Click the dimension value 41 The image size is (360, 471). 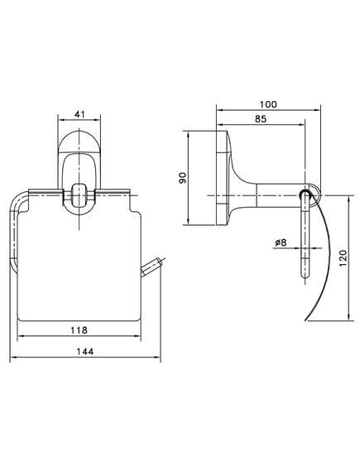pyautogui.click(x=79, y=114)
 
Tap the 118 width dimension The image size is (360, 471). pyautogui.click(x=79, y=330)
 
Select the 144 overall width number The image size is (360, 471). pyautogui.click(x=84, y=351)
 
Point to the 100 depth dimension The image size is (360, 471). pyautogui.click(x=268, y=104)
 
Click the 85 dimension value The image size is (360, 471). pyautogui.click(x=261, y=119)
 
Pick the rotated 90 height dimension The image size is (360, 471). pyautogui.click(x=183, y=178)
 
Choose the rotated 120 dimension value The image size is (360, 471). pyautogui.click(x=343, y=257)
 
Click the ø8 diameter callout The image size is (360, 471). pyautogui.click(x=281, y=243)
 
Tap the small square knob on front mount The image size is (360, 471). pyautogui.click(x=79, y=195)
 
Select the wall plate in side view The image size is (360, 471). pyautogui.click(x=223, y=178)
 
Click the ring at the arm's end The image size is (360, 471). pyautogui.click(x=311, y=196)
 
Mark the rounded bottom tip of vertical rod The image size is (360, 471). pyautogui.click(x=305, y=277)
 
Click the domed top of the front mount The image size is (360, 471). pyautogui.click(x=79, y=142)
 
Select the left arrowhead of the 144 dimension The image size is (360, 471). pyautogui.click(x=12, y=357)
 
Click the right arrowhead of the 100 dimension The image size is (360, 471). pyautogui.click(x=319, y=111)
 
